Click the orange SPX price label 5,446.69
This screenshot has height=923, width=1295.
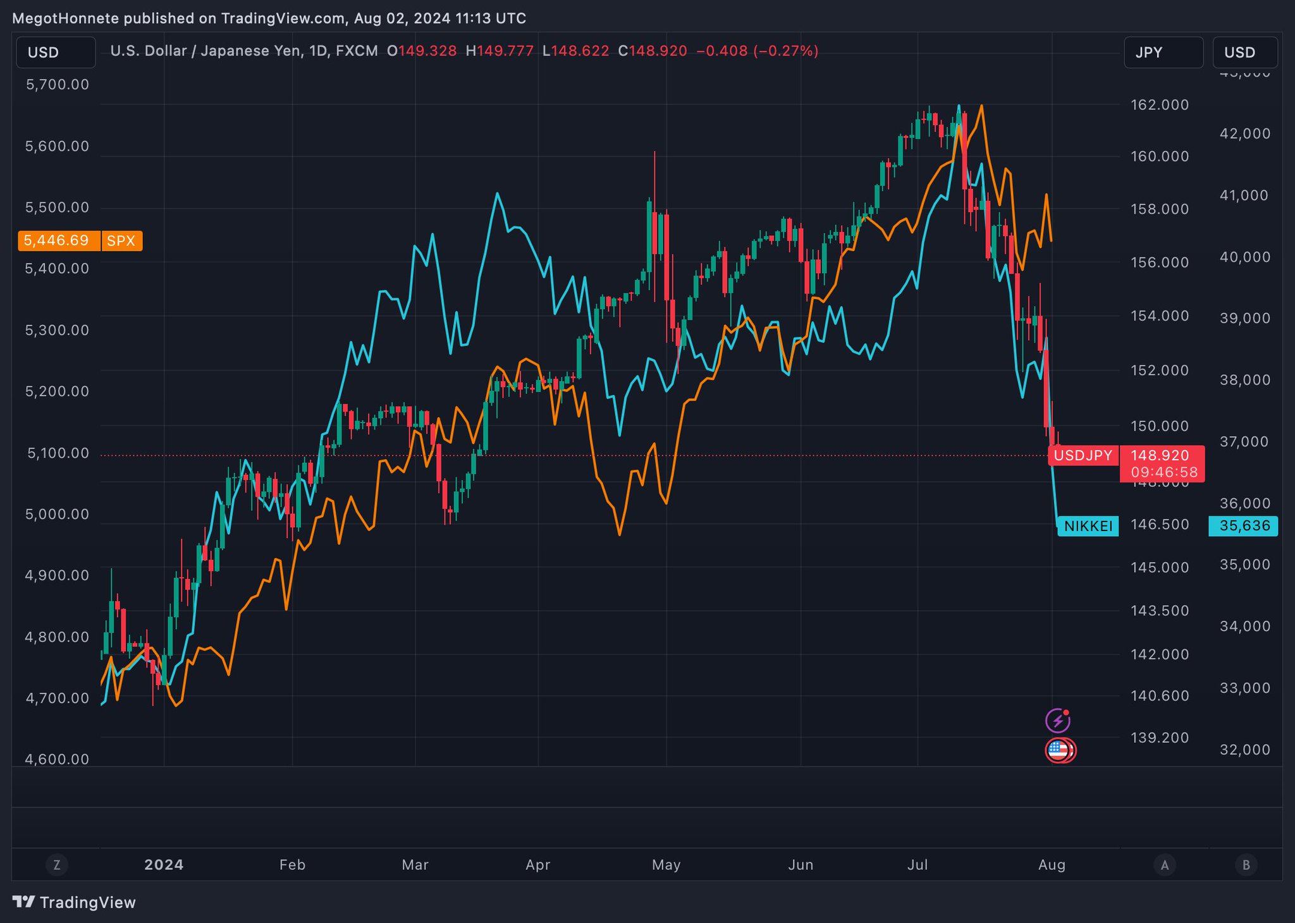point(58,241)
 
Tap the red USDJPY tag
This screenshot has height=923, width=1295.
point(1083,455)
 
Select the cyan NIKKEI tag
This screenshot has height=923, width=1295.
point(1088,526)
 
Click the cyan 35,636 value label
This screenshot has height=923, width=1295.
point(1244,526)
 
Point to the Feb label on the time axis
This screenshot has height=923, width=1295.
point(292,865)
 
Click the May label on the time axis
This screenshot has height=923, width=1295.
point(666,865)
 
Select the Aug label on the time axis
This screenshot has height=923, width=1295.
point(1052,865)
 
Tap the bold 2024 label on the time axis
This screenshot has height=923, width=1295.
point(164,865)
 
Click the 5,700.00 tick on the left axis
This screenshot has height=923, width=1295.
point(57,85)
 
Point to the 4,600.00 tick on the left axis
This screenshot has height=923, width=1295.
point(57,759)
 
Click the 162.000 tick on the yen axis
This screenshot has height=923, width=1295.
point(1160,105)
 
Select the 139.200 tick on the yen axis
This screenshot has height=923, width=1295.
point(1160,738)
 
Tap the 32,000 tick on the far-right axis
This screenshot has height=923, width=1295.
point(1244,750)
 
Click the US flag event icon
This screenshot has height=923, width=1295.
point(1058,750)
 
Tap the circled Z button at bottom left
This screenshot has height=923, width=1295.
point(57,865)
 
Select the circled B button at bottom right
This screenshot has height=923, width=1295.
point(1246,865)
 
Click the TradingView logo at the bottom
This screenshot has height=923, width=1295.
point(75,902)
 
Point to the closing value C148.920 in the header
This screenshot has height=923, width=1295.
point(653,51)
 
